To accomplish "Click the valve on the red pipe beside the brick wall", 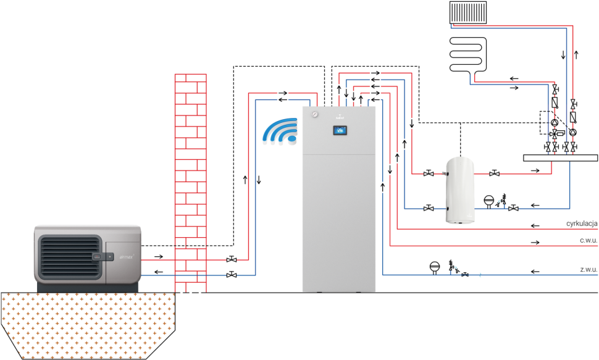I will [231, 259].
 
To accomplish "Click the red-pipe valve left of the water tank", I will [429, 174].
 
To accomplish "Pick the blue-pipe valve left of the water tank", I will [429, 209].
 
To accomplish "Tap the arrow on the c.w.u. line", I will [535, 241].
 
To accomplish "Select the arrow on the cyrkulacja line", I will [535, 224].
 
